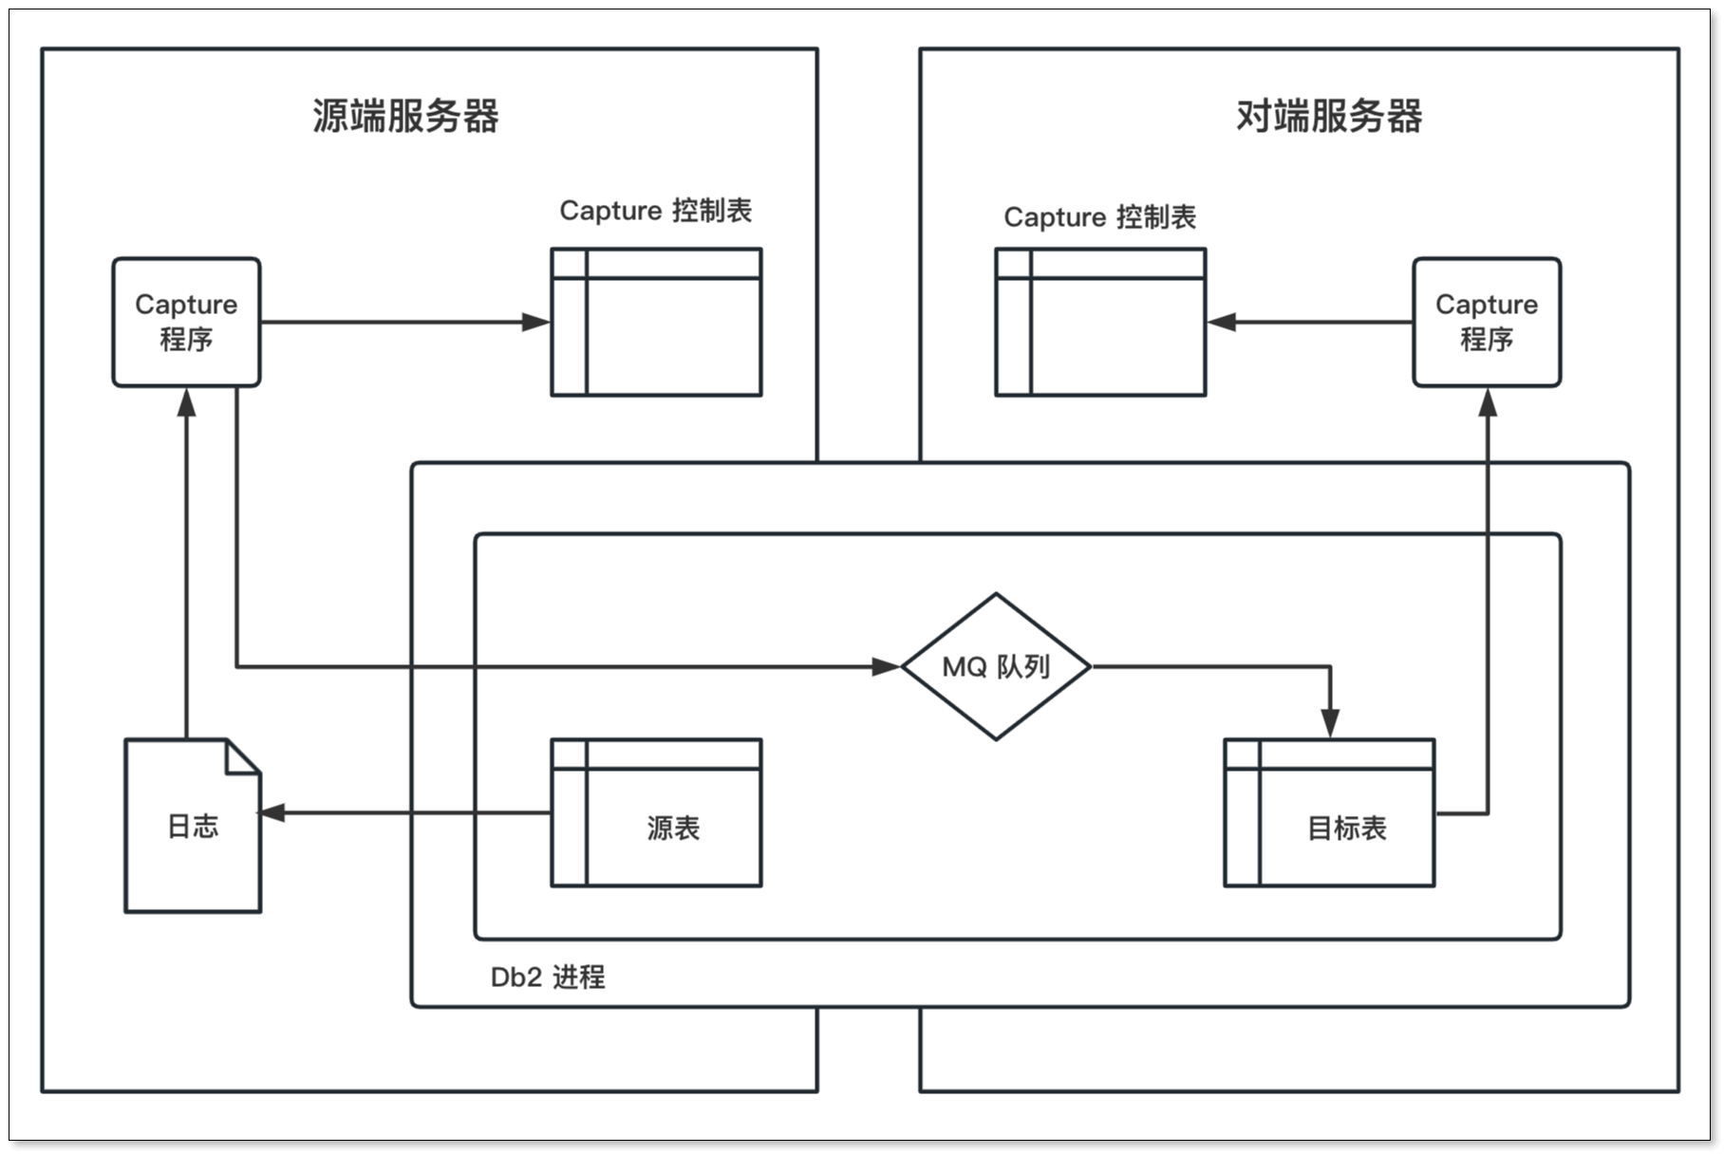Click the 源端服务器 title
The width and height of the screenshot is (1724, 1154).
click(405, 117)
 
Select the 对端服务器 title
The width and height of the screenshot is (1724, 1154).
click(1328, 117)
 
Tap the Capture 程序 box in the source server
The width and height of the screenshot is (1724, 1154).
click(186, 322)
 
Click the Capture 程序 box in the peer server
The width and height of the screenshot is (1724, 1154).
click(1487, 322)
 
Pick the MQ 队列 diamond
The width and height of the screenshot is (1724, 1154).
click(996, 666)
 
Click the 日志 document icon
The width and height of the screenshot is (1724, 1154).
click(193, 826)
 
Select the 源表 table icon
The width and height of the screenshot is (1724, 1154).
click(657, 813)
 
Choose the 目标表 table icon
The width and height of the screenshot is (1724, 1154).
click(1329, 813)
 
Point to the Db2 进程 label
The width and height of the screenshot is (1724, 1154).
click(548, 977)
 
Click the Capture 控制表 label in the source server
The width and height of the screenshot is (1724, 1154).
click(655, 210)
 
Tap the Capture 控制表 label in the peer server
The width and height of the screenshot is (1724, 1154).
click(1099, 217)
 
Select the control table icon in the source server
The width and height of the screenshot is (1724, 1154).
click(657, 322)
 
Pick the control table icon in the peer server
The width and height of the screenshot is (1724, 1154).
click(1100, 322)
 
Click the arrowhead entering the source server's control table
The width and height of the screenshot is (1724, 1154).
click(537, 322)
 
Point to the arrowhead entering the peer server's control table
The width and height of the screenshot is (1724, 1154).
click(1221, 322)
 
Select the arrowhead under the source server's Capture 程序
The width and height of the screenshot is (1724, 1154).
click(187, 402)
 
